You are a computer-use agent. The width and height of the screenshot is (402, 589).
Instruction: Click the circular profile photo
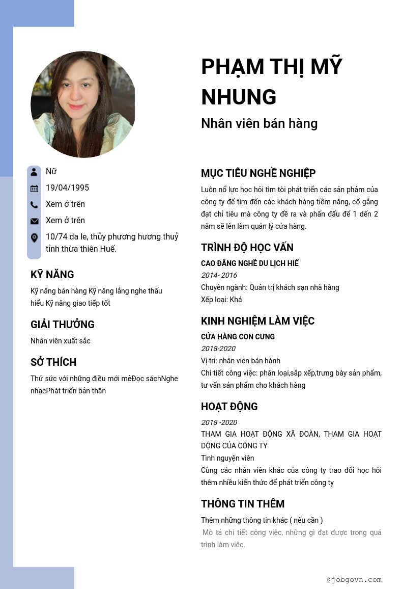[x=83, y=104]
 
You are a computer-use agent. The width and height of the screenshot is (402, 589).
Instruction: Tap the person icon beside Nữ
[x=34, y=172]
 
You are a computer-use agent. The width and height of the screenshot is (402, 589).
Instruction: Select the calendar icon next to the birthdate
[x=34, y=189]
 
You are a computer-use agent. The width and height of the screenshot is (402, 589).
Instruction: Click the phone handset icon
[x=34, y=205]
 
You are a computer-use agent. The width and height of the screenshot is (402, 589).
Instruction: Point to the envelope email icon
[x=34, y=221]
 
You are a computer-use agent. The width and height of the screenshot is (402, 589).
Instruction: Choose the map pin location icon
[x=34, y=237]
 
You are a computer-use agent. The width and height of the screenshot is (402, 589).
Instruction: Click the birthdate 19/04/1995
[x=67, y=188]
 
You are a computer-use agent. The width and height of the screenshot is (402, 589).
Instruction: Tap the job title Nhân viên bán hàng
[x=259, y=123]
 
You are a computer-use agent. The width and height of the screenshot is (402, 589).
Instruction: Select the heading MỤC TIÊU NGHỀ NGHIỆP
[x=258, y=173]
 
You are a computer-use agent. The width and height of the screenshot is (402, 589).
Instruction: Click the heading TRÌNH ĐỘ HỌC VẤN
[x=247, y=248]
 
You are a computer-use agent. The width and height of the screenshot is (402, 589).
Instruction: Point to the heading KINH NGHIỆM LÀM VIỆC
[x=257, y=321]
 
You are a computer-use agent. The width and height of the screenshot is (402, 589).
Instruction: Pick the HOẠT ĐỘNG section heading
[x=229, y=407]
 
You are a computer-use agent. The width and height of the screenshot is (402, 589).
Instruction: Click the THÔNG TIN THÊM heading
[x=242, y=504]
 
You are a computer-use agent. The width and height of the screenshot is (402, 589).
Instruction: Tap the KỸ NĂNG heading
[x=52, y=275]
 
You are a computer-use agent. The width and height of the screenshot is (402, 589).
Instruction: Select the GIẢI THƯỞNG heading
[x=62, y=325]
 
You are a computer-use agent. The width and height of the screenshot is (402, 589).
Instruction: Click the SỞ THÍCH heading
[x=53, y=362]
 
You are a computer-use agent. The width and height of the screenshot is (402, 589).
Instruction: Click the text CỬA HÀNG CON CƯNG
[x=238, y=337]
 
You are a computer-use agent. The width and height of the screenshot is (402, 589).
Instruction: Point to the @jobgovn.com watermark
[x=354, y=580]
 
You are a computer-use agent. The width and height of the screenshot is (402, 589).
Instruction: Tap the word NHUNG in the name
[x=239, y=97]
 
